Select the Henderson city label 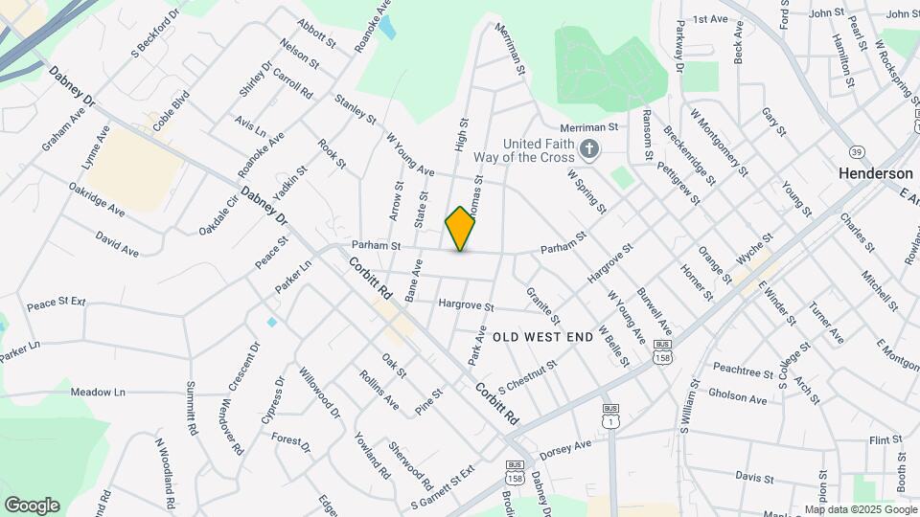pyautogui.click(x=875, y=174)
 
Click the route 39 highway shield pyautogui.click(x=857, y=152)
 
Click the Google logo pyautogui.click(x=31, y=506)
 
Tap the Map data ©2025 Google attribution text pyautogui.click(x=860, y=509)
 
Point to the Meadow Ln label pyautogui.click(x=99, y=393)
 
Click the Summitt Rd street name pyautogui.click(x=192, y=410)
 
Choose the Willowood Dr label pyautogui.click(x=319, y=393)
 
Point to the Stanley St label pyautogui.click(x=356, y=109)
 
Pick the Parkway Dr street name pyautogui.click(x=679, y=44)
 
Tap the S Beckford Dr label pyautogui.click(x=155, y=34)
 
